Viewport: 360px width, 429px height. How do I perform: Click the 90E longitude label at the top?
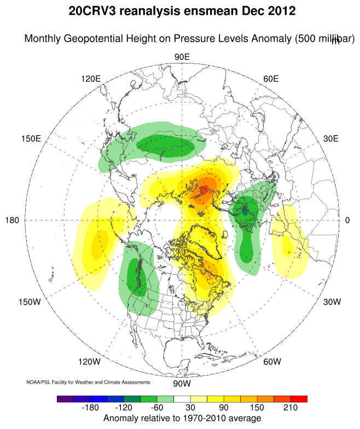pyautogui.click(x=182, y=57)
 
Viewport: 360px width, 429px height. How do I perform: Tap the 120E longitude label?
pyautogui.click(x=91, y=78)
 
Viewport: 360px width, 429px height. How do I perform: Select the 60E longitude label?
pyautogui.click(x=271, y=78)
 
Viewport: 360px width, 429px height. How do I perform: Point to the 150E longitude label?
pyautogui.click(x=31, y=138)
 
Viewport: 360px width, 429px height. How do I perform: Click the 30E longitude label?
pyautogui.click(x=330, y=138)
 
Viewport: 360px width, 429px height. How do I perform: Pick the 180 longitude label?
pyautogui.click(x=12, y=220)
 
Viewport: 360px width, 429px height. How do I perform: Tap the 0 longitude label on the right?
pyautogui.click(x=347, y=220)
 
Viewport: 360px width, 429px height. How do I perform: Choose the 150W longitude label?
pyautogui.click(x=30, y=302)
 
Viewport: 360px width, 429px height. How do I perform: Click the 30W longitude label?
pyautogui.click(x=332, y=302)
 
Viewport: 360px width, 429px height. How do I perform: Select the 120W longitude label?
pyautogui.click(x=89, y=362)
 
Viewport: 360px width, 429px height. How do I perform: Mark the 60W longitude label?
pyautogui.click(x=272, y=362)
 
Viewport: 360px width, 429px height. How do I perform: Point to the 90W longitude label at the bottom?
pyautogui.click(x=182, y=384)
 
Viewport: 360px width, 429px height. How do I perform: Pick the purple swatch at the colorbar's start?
pyautogui.click(x=63, y=399)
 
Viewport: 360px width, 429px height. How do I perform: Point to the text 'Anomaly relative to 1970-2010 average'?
pyautogui.click(x=182, y=419)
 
